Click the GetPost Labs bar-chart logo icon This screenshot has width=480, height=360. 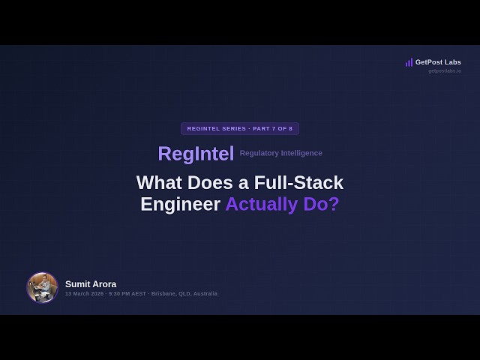[409, 62]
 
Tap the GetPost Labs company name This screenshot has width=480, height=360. [438, 62]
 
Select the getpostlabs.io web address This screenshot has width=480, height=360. [445, 71]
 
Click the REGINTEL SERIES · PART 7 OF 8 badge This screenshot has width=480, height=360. [240, 128]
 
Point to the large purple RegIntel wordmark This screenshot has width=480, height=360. [196, 154]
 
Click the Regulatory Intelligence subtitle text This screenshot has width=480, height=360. [281, 154]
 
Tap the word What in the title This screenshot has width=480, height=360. [160, 182]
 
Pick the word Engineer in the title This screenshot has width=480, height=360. [180, 204]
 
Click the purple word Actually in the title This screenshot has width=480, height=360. [260, 204]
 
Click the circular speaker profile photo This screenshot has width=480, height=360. [42, 287]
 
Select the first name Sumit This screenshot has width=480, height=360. [77, 284]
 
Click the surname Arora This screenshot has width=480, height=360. [104, 284]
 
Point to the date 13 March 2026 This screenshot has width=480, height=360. [84, 294]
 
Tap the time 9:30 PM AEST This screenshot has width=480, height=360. [127, 294]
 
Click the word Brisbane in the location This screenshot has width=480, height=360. [164, 294]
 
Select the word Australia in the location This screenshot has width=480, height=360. [205, 294]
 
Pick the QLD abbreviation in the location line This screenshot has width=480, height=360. [185, 294]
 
